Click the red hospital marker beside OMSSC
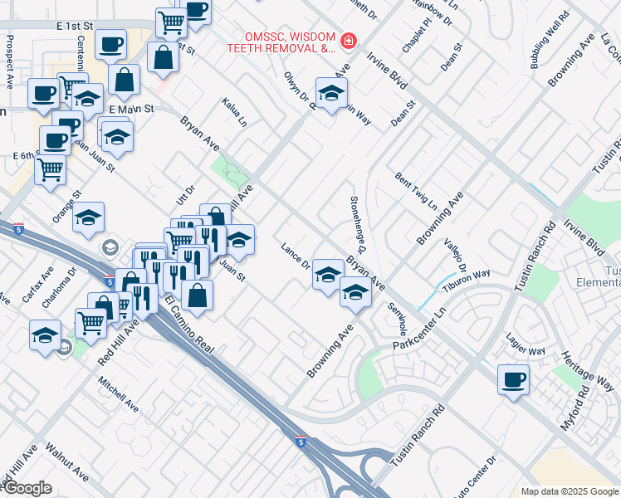coord(349,40)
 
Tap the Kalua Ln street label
coord(234,112)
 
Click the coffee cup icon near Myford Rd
coord(513,380)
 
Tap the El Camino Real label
coord(189,324)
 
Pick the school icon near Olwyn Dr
coord(331,93)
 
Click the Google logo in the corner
coord(27,488)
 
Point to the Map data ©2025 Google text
coord(569,491)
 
